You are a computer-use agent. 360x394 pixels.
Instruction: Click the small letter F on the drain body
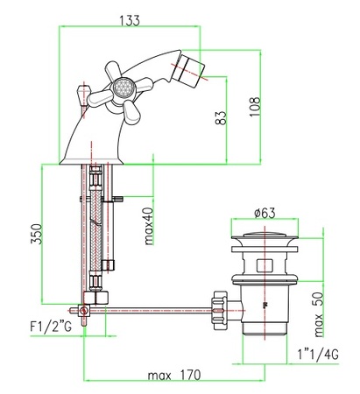[x=266, y=306]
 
